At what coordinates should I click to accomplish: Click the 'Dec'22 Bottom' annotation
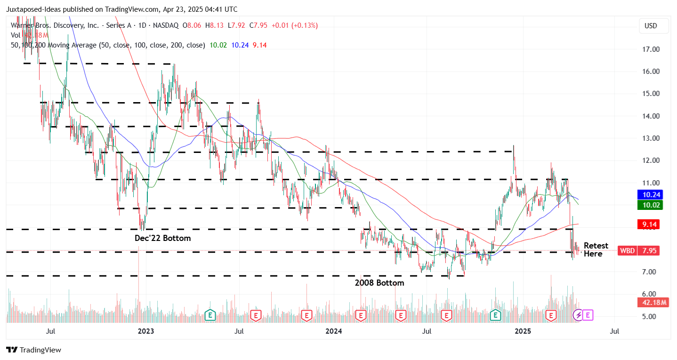162,238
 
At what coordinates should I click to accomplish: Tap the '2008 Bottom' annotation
379,283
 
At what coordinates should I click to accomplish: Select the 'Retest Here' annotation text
596,250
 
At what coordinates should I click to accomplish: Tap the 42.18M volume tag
653,303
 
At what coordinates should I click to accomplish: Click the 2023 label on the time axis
146,331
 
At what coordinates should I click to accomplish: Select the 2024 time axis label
334,331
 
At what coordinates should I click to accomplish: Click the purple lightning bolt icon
578,315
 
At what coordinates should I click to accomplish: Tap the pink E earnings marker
588,315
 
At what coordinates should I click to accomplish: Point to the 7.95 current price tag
650,251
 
